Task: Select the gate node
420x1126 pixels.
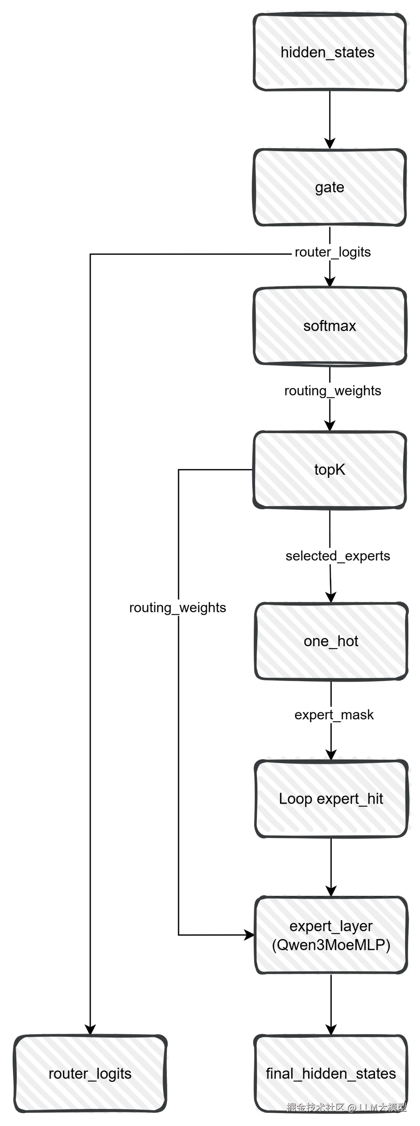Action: coord(330,187)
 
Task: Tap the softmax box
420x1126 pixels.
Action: coord(330,326)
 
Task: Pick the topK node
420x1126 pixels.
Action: coord(330,469)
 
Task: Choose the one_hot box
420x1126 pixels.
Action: coord(331,641)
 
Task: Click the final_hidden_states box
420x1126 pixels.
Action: coord(331,1074)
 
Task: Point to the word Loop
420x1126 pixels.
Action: coord(296,799)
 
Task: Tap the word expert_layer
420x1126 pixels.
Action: coord(331,926)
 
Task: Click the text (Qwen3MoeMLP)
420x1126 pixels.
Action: coord(331,945)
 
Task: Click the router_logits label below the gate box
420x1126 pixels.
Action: coord(332,252)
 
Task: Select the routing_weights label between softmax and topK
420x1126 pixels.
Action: coord(332,391)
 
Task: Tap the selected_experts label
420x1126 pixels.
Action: coord(338,556)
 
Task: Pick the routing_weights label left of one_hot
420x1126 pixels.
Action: coord(177,608)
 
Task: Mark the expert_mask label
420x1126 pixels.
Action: coord(334,715)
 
